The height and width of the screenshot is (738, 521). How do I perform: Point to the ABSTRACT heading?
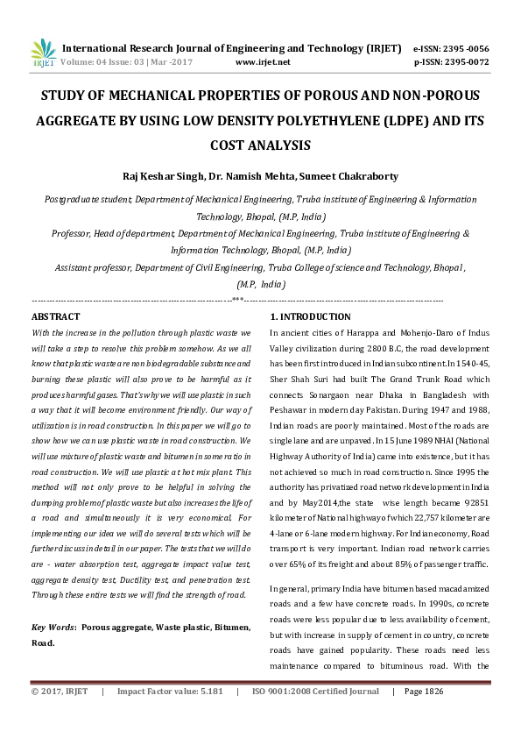click(x=55, y=316)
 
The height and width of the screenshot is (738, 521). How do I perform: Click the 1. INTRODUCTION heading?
click(x=310, y=316)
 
